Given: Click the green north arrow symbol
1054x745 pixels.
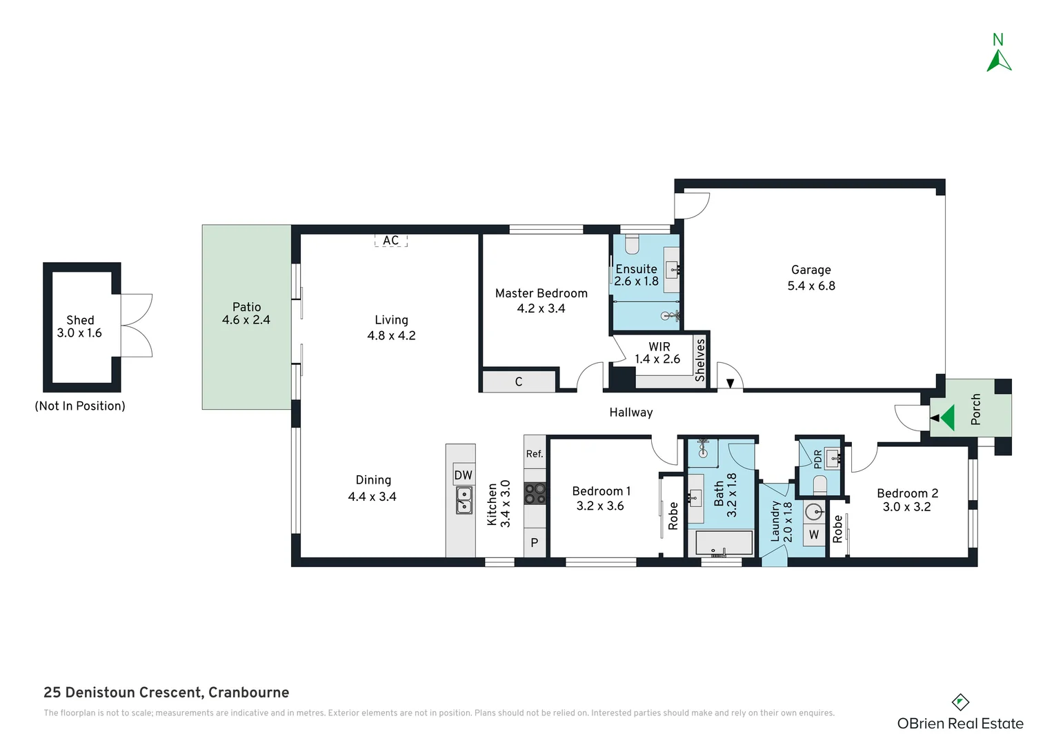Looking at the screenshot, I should point(998,61).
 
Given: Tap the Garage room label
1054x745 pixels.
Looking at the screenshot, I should point(811,270).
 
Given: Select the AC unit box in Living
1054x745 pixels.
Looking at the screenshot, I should point(390,240).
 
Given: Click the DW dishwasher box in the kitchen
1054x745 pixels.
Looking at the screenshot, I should point(463,475).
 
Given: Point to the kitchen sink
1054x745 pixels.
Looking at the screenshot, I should point(464,500).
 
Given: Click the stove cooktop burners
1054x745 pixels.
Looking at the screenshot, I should point(535,493).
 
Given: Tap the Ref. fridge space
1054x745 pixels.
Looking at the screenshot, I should point(535,453).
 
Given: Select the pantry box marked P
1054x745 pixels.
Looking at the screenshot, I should point(535,543).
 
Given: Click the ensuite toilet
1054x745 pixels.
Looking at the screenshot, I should point(632,244).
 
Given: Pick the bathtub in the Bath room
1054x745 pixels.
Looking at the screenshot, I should point(723,543).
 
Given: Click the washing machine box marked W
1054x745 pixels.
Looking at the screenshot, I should point(814,535).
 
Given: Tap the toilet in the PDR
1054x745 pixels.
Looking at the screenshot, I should point(819,486).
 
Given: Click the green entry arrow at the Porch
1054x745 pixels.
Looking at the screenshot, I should point(947,418).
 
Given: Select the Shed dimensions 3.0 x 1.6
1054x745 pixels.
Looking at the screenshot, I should point(79,333).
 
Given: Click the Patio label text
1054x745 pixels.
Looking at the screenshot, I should point(246,307).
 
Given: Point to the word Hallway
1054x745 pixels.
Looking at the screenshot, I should point(630,413).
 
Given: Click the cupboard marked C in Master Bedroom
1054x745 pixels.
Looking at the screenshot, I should point(519,381).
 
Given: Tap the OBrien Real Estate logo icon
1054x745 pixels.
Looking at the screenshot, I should point(960,702).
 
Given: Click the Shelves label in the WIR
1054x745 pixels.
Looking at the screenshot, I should point(700,359).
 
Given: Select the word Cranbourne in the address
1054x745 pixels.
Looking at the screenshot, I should point(248,693).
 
